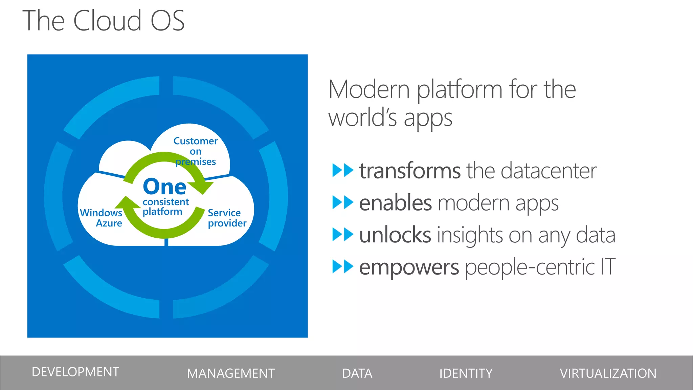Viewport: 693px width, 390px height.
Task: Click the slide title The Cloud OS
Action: [104, 21]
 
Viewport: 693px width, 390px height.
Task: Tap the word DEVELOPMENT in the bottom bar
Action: [75, 372]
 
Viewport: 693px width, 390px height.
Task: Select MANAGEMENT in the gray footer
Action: [230, 373]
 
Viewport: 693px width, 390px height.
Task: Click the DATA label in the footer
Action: [357, 373]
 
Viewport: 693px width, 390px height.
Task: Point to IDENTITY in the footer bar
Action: [466, 373]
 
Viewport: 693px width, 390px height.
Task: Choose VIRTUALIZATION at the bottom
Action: [608, 373]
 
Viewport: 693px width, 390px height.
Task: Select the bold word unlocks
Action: [395, 235]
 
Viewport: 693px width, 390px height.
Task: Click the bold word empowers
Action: [409, 267]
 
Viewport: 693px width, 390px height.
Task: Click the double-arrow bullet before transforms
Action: [342, 170]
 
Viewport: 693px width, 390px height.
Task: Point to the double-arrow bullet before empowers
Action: [342, 267]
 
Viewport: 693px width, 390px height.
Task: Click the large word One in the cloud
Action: [164, 187]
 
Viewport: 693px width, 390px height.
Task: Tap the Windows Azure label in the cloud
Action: [101, 218]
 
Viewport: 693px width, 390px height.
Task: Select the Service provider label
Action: [227, 218]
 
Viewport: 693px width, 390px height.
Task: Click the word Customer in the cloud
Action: [195, 141]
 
